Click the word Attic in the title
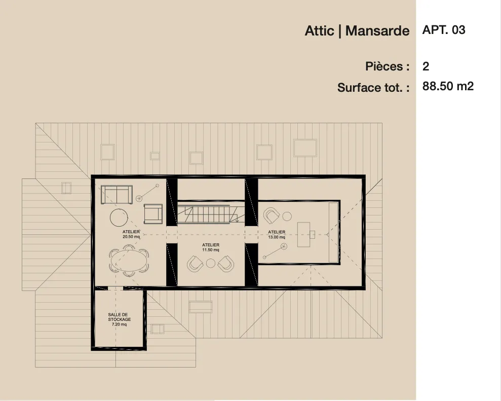tap(319, 31)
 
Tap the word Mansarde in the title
tap(377, 31)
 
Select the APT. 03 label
tap(443, 30)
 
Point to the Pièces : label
tap(387, 66)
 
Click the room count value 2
tap(426, 66)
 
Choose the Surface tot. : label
tap(373, 88)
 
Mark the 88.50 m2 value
tap(448, 86)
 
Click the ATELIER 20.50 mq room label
tap(131, 234)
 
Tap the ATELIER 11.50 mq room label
tap(210, 247)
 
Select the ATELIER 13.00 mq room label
tap(277, 234)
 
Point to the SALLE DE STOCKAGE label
tap(120, 319)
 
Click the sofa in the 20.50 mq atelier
tap(117, 194)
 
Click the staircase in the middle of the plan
tap(208, 212)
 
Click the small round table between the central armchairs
tap(211, 263)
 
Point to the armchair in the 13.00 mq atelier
tap(272, 216)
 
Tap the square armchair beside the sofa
tap(153, 213)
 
